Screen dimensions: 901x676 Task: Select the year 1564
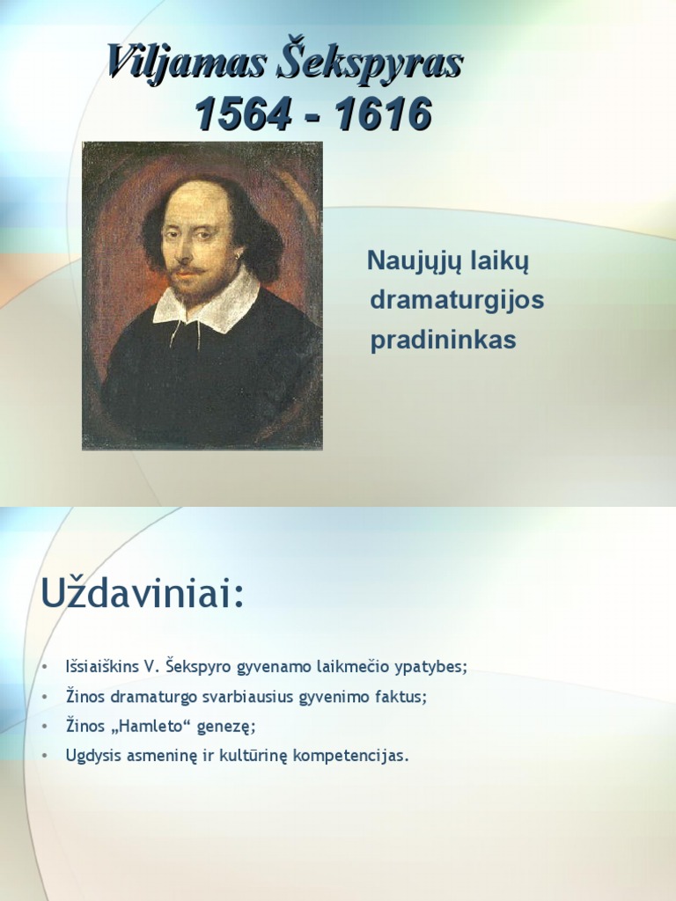pos(241,114)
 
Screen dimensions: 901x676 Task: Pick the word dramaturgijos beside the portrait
pos(457,301)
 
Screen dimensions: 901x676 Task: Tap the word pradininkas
pos(443,341)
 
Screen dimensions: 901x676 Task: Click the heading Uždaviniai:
pos(141,595)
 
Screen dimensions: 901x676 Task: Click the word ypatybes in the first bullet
pos(433,666)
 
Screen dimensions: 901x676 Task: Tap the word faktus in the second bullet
pos(401,696)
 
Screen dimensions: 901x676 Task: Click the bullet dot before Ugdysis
pos(43,756)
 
